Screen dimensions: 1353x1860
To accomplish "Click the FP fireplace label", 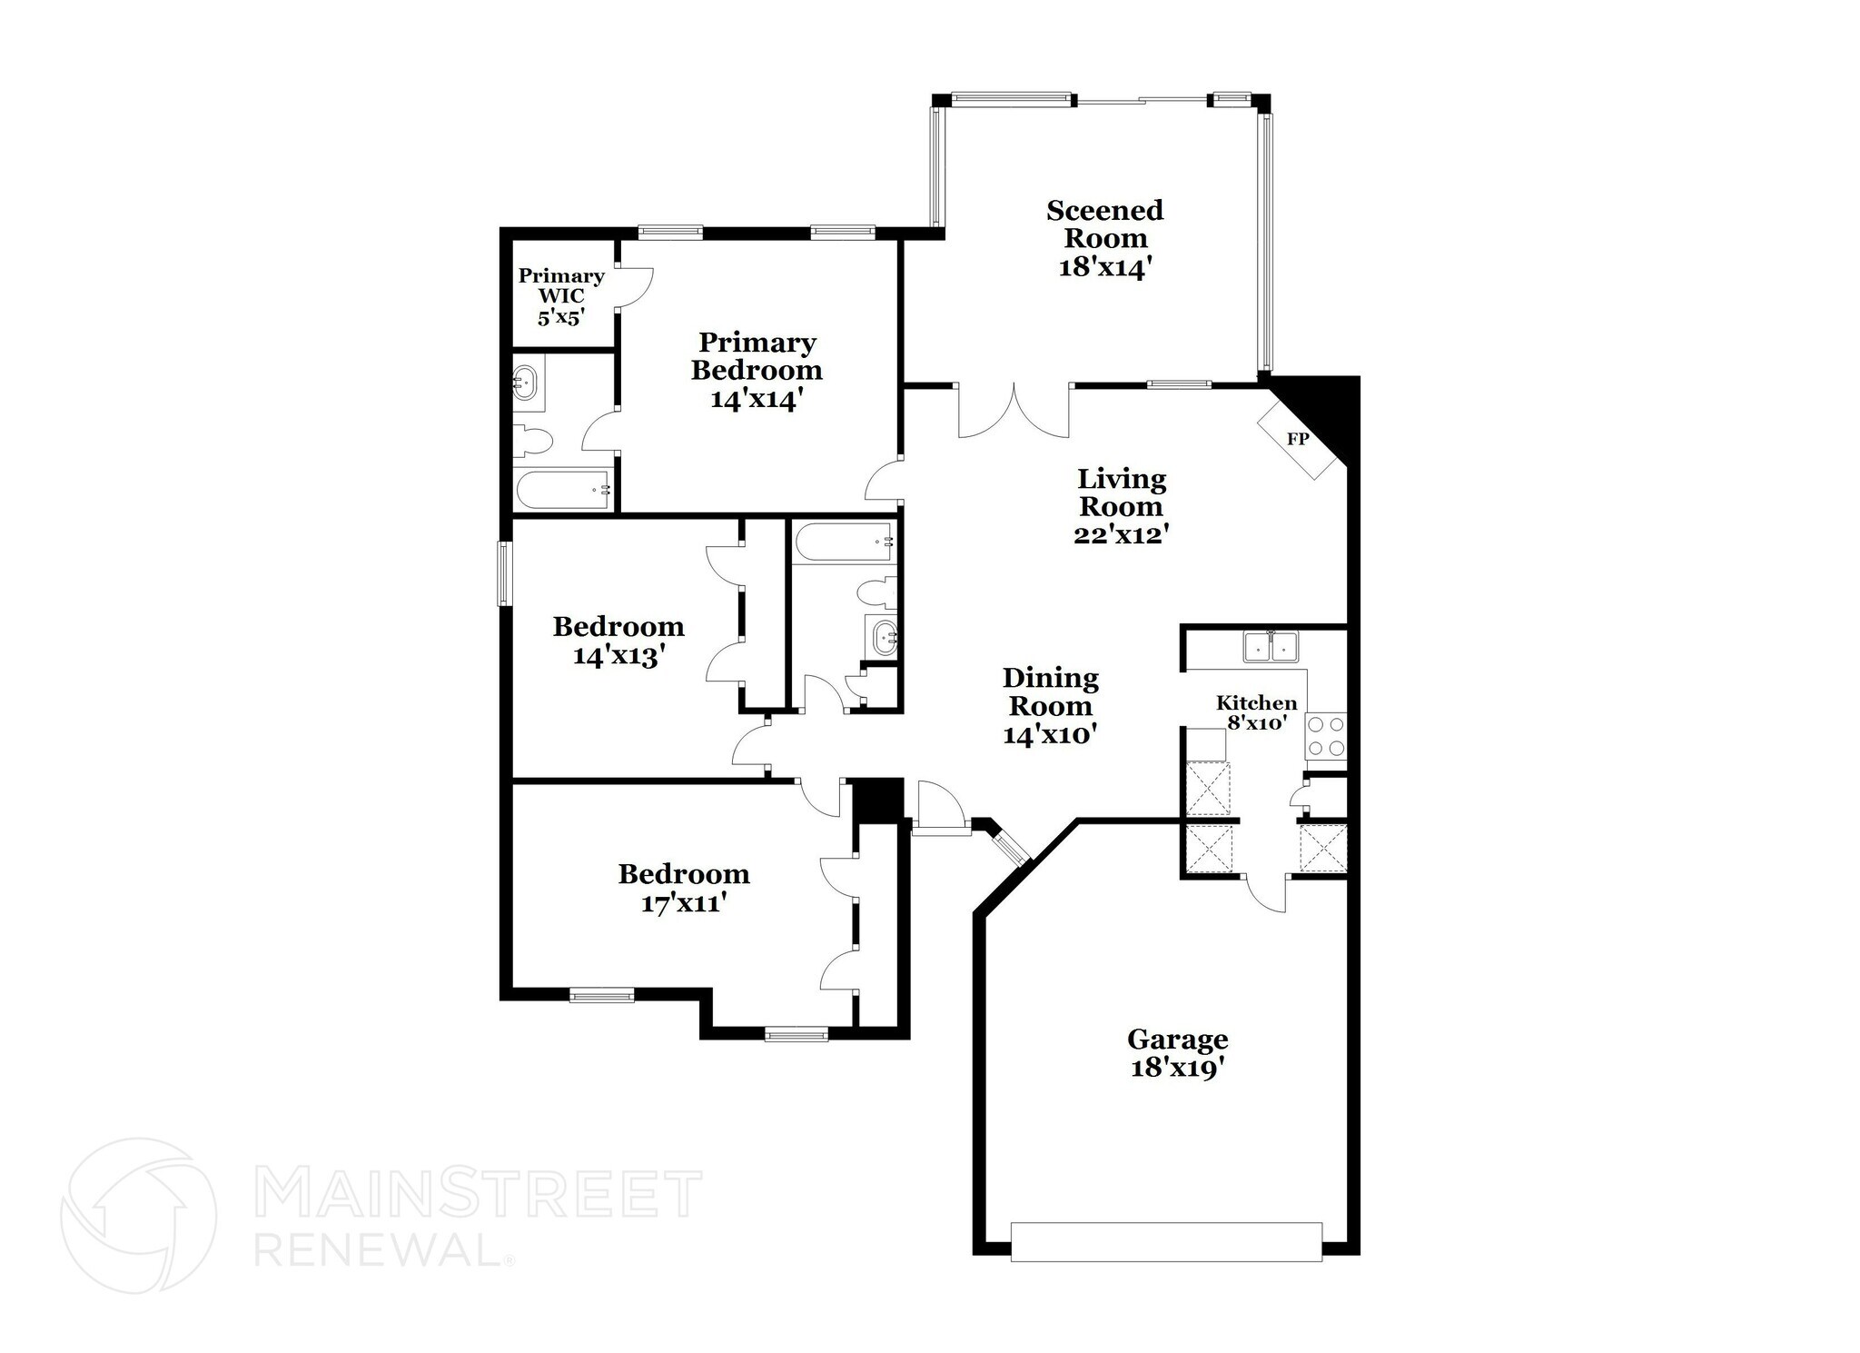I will point(1298,439).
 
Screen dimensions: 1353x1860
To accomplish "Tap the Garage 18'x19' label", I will point(1177,1053).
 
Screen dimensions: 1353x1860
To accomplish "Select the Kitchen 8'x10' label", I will point(1256,712).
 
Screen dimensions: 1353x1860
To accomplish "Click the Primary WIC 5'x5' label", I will point(561,296).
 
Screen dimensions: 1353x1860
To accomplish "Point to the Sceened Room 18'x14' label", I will point(1104,238).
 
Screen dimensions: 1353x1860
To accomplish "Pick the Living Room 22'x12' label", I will point(1121,506).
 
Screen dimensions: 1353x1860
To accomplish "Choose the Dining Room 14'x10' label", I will point(1050,706).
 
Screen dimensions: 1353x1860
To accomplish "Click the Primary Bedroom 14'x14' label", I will point(757,371).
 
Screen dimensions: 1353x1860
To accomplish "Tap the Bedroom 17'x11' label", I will point(684,889).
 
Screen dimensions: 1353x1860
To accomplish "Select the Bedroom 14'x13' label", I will point(618,641).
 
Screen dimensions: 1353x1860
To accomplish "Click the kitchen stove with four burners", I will point(1325,736).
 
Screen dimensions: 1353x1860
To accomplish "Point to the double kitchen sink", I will point(1271,647).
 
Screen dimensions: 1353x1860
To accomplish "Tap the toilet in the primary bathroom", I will point(534,442).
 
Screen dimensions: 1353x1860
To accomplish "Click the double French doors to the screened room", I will point(1014,411).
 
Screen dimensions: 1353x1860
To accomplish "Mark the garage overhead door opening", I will point(1166,1241).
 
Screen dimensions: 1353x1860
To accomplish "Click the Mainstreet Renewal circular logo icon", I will point(138,1215).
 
